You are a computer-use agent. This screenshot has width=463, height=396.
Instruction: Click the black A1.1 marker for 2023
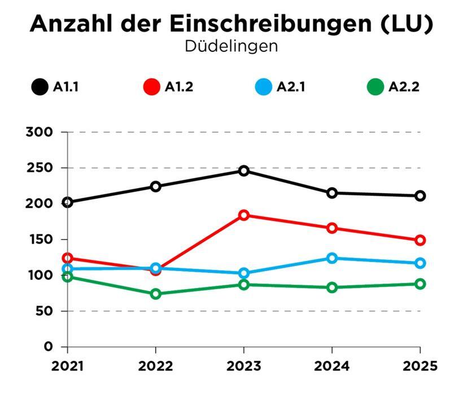[x=244, y=171]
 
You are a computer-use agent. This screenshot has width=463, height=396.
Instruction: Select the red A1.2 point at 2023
[x=244, y=215]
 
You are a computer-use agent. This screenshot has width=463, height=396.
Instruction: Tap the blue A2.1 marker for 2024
[x=332, y=258]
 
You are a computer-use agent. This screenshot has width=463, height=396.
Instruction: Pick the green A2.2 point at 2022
[x=156, y=294]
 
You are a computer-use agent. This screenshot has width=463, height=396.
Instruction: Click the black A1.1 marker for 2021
[x=68, y=202]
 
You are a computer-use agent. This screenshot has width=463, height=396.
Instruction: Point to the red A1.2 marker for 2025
[x=420, y=240]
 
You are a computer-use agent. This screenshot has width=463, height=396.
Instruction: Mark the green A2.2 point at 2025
[x=420, y=284]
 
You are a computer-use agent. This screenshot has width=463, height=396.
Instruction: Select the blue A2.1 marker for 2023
[x=244, y=273]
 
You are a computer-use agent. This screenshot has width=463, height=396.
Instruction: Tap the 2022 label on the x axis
[x=156, y=365]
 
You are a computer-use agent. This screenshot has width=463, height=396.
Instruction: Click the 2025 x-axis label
[x=420, y=365]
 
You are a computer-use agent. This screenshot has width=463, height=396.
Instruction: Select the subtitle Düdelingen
[x=231, y=46]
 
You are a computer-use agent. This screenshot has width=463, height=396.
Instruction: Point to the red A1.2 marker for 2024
[x=332, y=228]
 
